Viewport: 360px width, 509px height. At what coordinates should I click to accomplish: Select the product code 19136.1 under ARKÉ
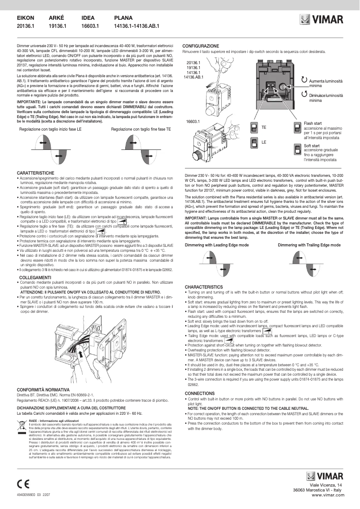57,26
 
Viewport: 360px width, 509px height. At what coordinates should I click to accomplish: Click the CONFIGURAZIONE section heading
201,46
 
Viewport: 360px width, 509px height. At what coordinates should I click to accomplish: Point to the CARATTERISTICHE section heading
35,173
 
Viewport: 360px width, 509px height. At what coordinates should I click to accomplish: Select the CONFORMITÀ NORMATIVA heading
43,389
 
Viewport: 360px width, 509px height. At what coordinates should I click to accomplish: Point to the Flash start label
312,123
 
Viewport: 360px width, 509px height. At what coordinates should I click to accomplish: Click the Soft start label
312,146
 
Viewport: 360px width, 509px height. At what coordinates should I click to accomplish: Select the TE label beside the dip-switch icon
264,128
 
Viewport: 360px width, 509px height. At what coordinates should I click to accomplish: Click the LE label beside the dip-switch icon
264,142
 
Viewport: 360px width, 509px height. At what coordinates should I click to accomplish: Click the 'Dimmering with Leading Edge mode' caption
217,245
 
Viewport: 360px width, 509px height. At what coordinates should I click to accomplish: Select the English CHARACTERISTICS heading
204,287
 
